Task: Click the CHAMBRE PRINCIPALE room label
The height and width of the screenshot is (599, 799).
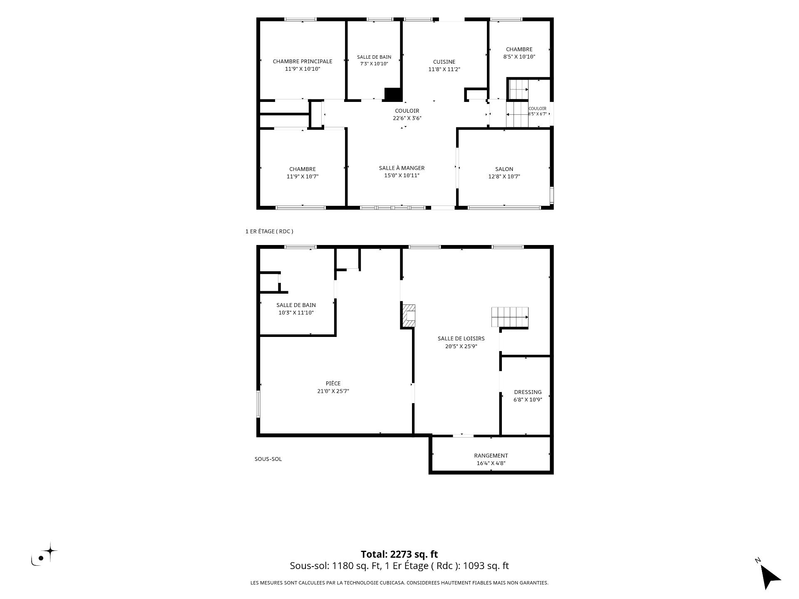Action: pos(303,62)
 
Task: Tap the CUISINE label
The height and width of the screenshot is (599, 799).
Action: pos(444,62)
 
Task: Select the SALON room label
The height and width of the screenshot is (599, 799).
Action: pos(504,169)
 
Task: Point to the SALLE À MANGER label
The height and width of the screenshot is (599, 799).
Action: pos(402,168)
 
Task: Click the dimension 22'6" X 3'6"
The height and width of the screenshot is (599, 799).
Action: pos(407,118)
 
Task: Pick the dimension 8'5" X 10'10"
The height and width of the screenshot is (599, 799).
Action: pos(519,57)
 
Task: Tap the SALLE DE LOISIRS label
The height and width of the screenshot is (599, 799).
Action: pos(461,339)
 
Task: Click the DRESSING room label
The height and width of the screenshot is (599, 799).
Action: pos(528,392)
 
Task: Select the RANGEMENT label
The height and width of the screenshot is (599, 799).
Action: pos(491,456)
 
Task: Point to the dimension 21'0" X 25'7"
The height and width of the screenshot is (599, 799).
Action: pos(333,391)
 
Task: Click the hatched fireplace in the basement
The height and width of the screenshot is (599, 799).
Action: pos(409,316)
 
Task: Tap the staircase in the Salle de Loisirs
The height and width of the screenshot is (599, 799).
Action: pos(510,317)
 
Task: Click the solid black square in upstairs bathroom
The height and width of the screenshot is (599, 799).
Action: pos(393,94)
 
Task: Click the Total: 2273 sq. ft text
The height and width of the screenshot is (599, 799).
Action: pos(399,554)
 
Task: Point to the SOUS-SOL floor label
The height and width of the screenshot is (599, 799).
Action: pos(268,459)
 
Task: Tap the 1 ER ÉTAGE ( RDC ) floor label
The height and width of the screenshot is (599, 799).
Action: pos(269,232)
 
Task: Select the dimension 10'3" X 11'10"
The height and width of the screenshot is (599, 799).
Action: pos(296,313)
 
